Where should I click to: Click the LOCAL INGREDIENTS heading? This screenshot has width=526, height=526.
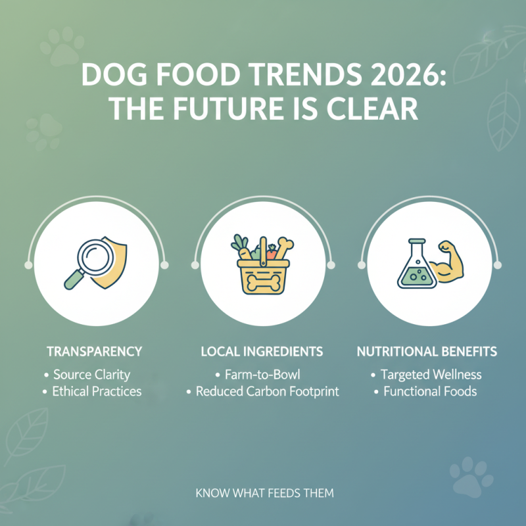tap(262, 352)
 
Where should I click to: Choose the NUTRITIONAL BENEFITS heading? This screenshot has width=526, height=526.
tap(427, 352)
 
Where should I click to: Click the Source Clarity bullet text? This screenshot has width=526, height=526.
tap(91, 375)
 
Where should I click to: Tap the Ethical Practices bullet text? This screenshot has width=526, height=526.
tap(97, 392)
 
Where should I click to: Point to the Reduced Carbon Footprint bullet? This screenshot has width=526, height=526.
tap(267, 392)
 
